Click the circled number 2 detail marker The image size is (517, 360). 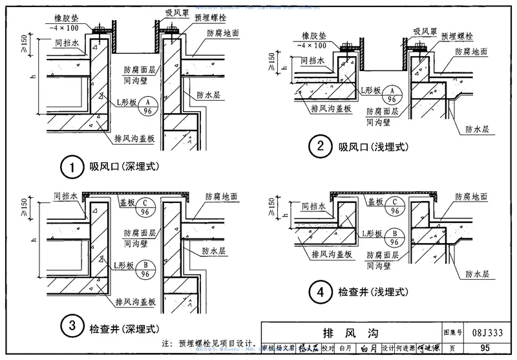coord(317,147)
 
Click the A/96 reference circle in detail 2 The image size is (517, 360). coord(390,95)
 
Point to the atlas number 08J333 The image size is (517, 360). coord(494,334)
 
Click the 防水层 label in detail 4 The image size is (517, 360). coord(478,274)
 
